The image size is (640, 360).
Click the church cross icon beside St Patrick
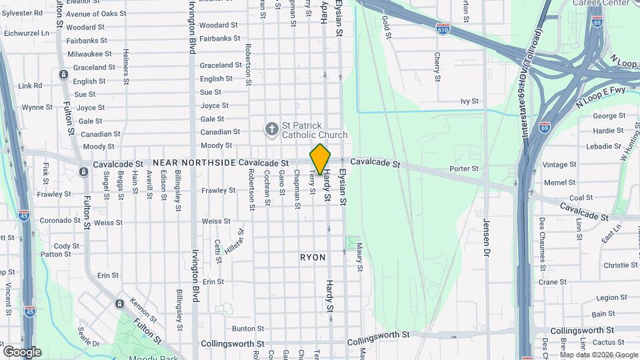click(271, 129)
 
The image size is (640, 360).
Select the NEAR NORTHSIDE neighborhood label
click(194, 163)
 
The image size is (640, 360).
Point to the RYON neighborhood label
click(313, 257)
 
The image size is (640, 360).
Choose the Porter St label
click(464, 169)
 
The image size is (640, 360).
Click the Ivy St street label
click(469, 101)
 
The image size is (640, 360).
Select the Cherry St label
click(437, 67)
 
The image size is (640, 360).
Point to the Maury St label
click(359, 257)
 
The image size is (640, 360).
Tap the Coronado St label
click(60, 221)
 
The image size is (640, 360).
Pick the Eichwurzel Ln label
click(27, 32)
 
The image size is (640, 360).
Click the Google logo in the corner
click(22, 351)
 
